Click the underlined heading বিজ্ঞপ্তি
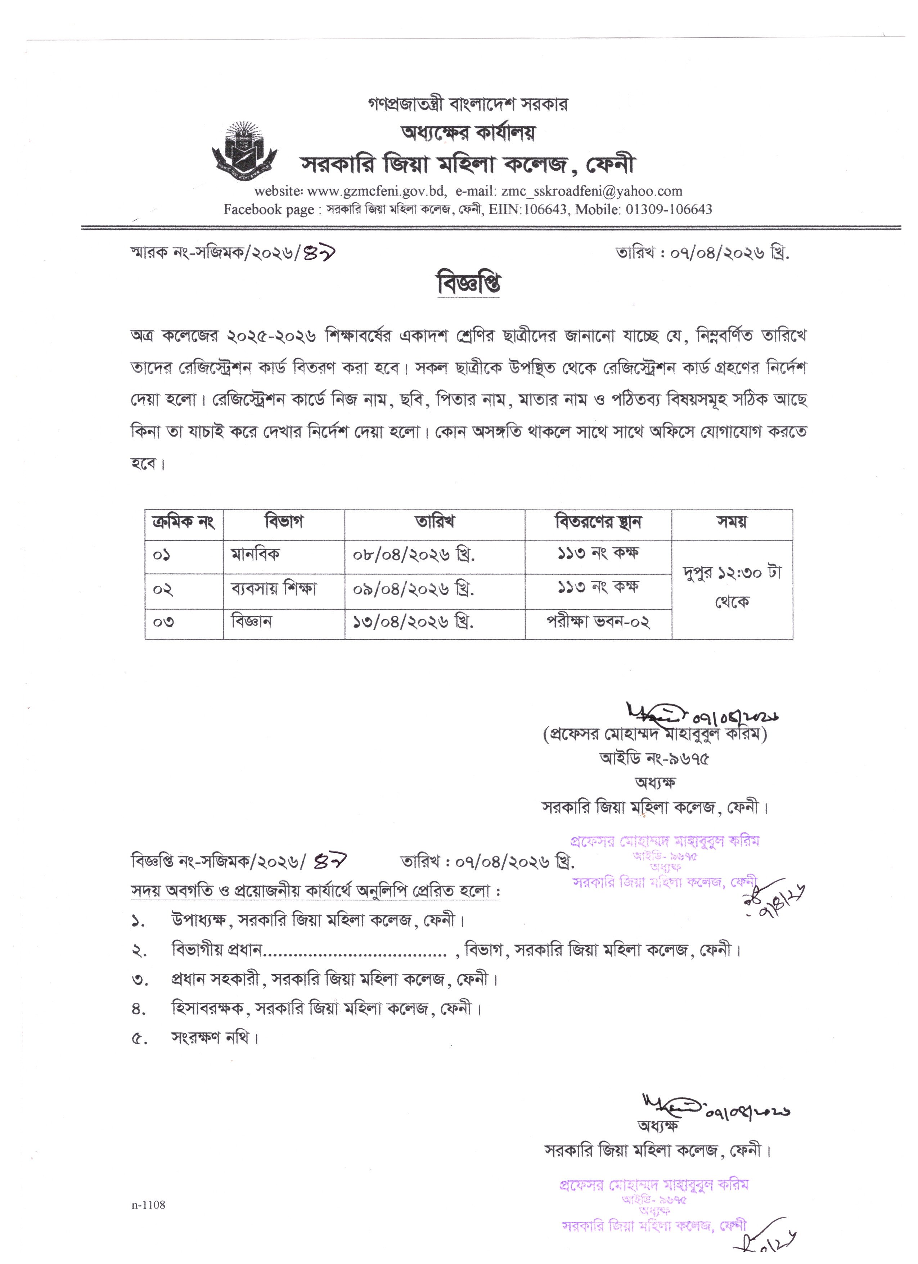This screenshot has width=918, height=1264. coord(468,284)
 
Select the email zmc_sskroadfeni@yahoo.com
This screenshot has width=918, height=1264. coord(591,191)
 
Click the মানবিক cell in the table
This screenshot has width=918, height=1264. coord(256,555)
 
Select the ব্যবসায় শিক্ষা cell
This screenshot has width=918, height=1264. coord(274,588)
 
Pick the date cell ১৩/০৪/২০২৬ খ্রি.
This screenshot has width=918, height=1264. coord(413,622)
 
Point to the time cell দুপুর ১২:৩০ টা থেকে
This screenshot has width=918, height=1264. coord(732,587)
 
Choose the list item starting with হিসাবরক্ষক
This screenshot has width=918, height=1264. coord(326,1008)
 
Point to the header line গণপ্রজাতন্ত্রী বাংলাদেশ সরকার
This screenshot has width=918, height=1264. coord(468,104)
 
